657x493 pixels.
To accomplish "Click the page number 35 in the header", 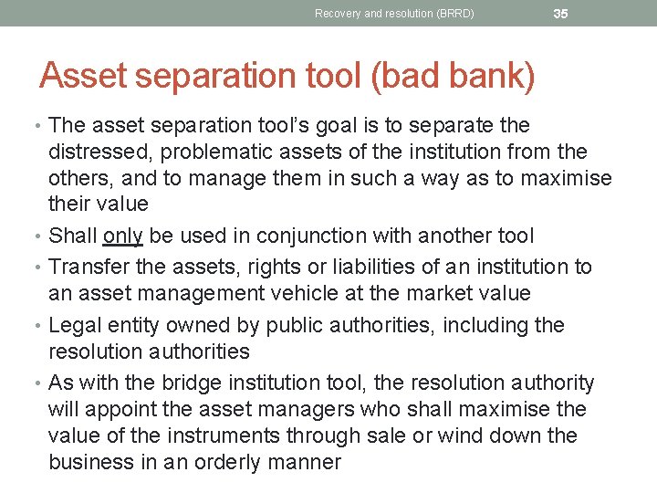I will tap(561, 13).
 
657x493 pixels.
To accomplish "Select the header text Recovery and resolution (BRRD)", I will tap(394, 14).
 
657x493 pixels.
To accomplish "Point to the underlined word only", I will tap(123, 236).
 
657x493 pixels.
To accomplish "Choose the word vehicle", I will tap(315, 293).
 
